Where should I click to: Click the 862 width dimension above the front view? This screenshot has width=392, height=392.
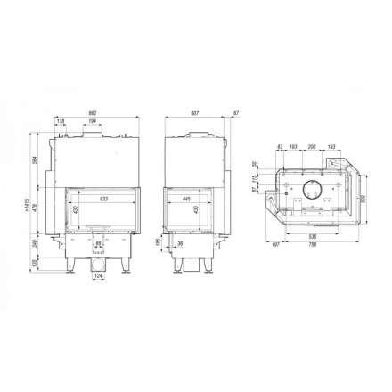[93, 114]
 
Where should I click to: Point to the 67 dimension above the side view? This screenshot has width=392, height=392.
[235, 114]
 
